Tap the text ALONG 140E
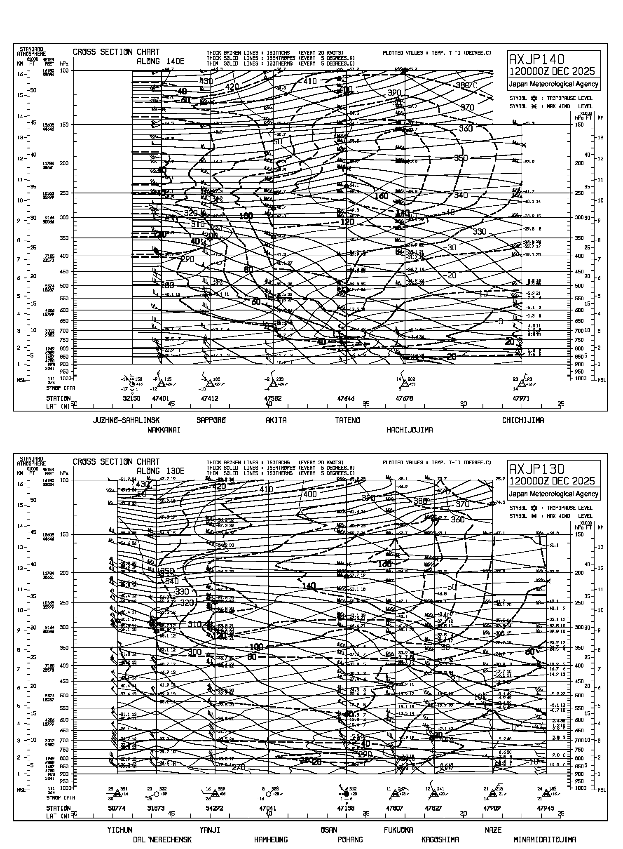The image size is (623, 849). [160, 61]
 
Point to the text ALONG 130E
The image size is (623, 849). [160, 471]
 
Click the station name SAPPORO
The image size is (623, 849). [211, 420]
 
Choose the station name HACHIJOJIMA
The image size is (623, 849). [410, 430]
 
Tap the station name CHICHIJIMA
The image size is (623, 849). [522, 420]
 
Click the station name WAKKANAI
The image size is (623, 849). [164, 430]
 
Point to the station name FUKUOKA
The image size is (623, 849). [398, 830]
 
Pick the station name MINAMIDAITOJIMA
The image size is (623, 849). [545, 839]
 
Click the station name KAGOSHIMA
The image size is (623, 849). [440, 839]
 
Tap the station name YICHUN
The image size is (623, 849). [119, 830]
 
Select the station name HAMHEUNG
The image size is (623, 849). [271, 839]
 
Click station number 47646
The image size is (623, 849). [346, 398]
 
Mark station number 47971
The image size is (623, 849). [521, 398]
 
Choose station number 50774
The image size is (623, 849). [117, 808]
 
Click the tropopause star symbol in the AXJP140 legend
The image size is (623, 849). [534, 99]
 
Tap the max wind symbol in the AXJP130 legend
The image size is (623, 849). [534, 516]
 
